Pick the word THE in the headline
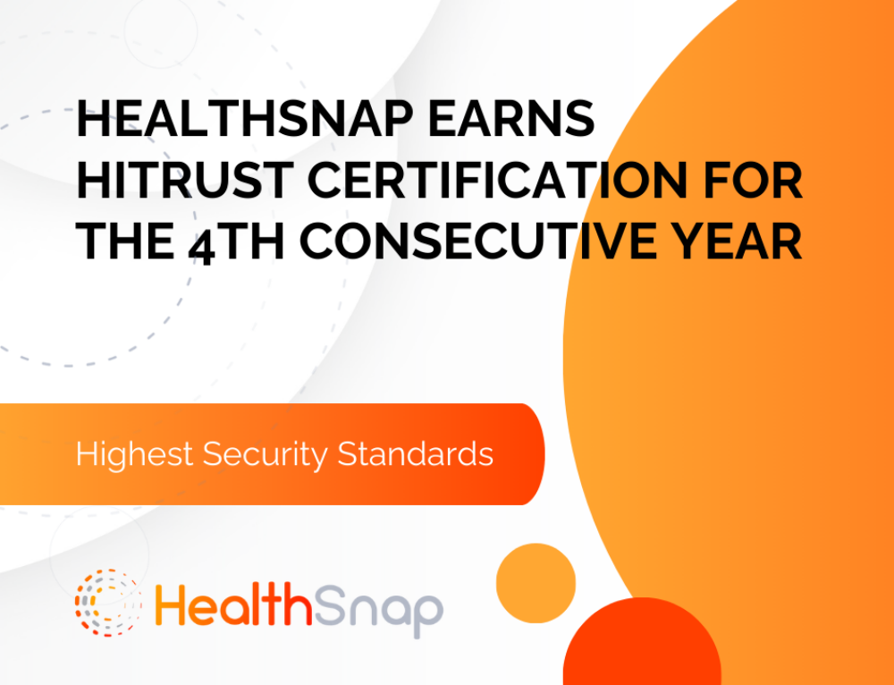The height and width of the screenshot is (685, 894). (125, 241)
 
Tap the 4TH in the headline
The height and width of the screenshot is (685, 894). (236, 242)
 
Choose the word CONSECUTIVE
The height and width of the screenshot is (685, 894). (494, 241)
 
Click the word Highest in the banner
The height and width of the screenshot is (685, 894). (135, 455)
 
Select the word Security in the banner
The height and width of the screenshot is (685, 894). (266, 455)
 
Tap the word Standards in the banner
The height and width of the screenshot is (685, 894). (416, 454)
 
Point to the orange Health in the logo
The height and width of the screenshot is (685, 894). (233, 604)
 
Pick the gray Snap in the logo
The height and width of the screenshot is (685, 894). (378, 609)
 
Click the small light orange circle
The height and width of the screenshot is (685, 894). (536, 583)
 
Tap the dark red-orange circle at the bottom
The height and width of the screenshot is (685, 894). (642, 642)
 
